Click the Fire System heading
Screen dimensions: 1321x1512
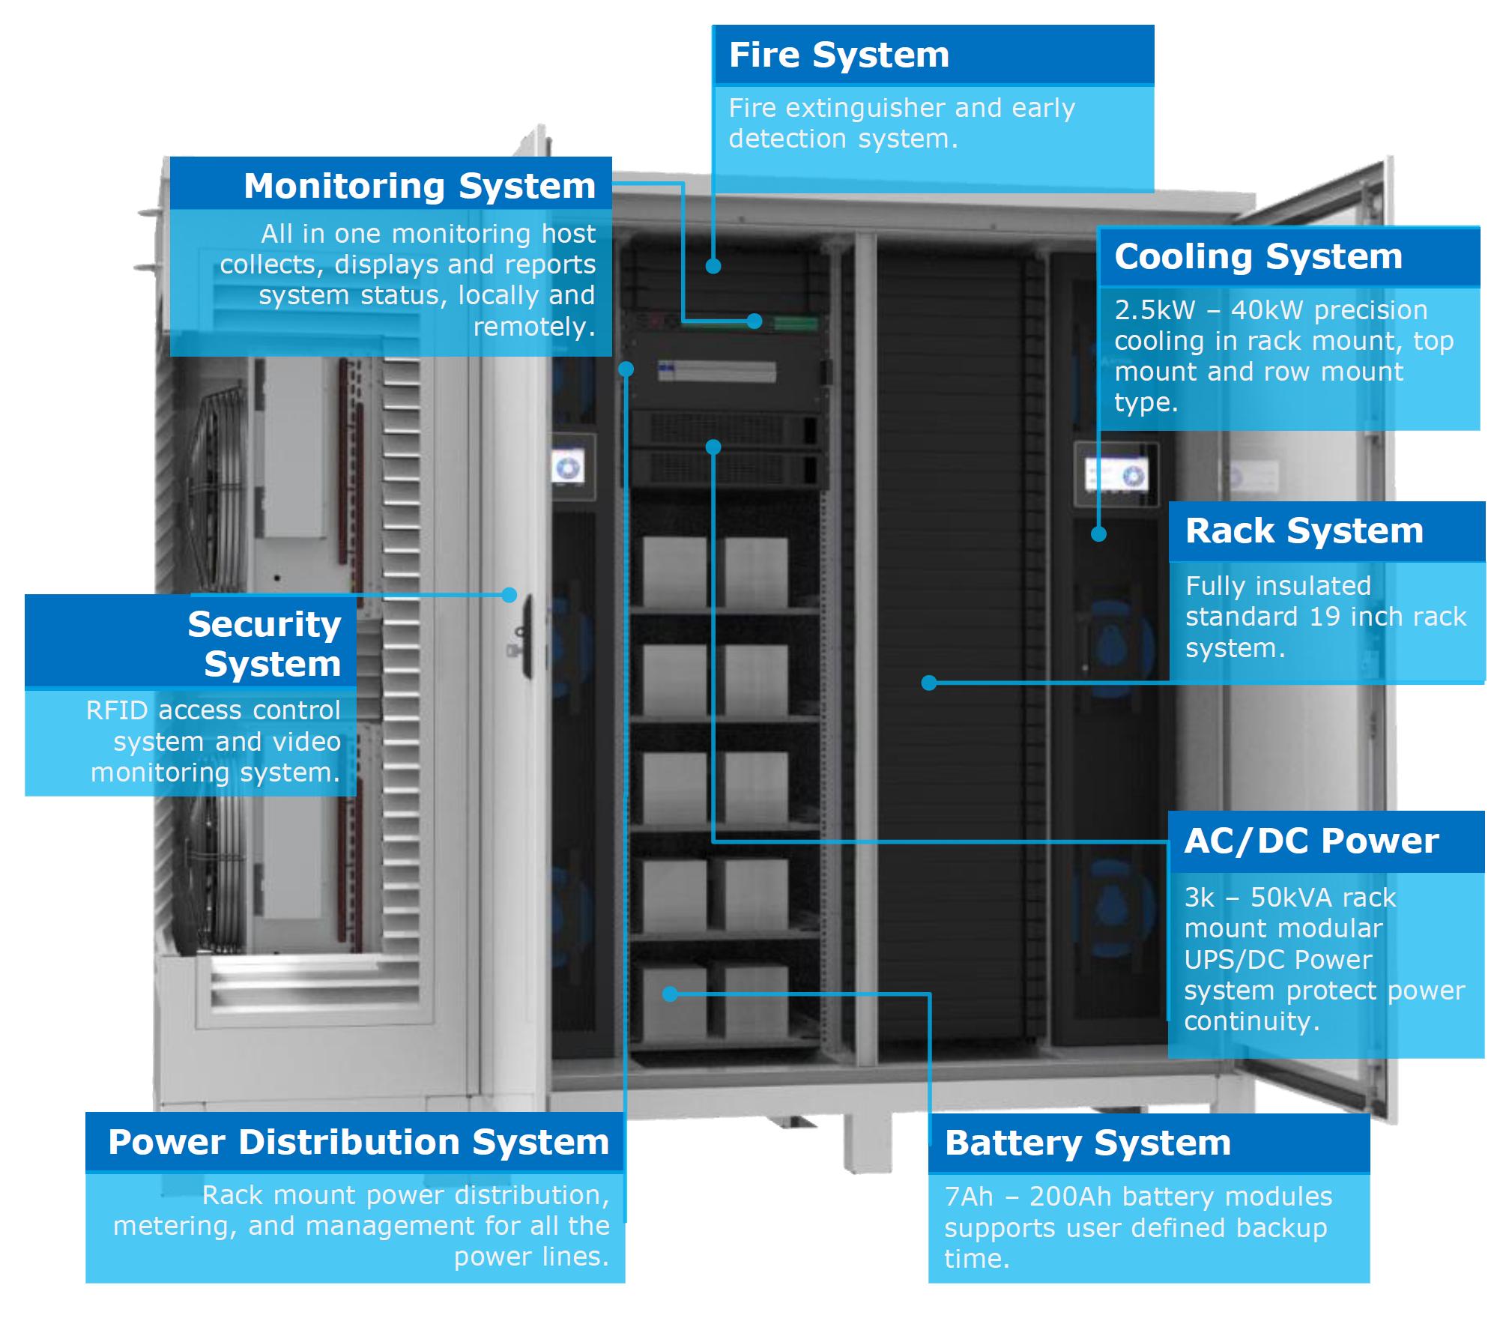click(838, 55)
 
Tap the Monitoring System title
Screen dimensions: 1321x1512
click(419, 186)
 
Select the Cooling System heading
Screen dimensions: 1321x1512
click(1258, 256)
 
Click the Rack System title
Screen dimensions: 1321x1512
click(1304, 530)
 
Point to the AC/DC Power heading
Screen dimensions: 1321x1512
click(1311, 841)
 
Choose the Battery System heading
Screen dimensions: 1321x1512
click(1087, 1143)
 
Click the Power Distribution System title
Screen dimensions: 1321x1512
click(358, 1142)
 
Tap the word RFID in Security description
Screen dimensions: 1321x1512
click(116, 710)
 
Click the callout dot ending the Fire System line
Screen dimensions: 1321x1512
click(713, 266)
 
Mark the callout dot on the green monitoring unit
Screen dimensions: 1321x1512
click(755, 321)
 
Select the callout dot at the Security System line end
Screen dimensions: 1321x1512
click(509, 595)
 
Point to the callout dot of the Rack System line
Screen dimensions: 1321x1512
click(929, 683)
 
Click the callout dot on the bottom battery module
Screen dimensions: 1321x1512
click(671, 994)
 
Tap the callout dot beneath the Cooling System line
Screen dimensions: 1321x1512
click(1098, 534)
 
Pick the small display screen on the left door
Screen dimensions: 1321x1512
click(568, 468)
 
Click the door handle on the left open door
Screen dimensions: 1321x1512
click(527, 637)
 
